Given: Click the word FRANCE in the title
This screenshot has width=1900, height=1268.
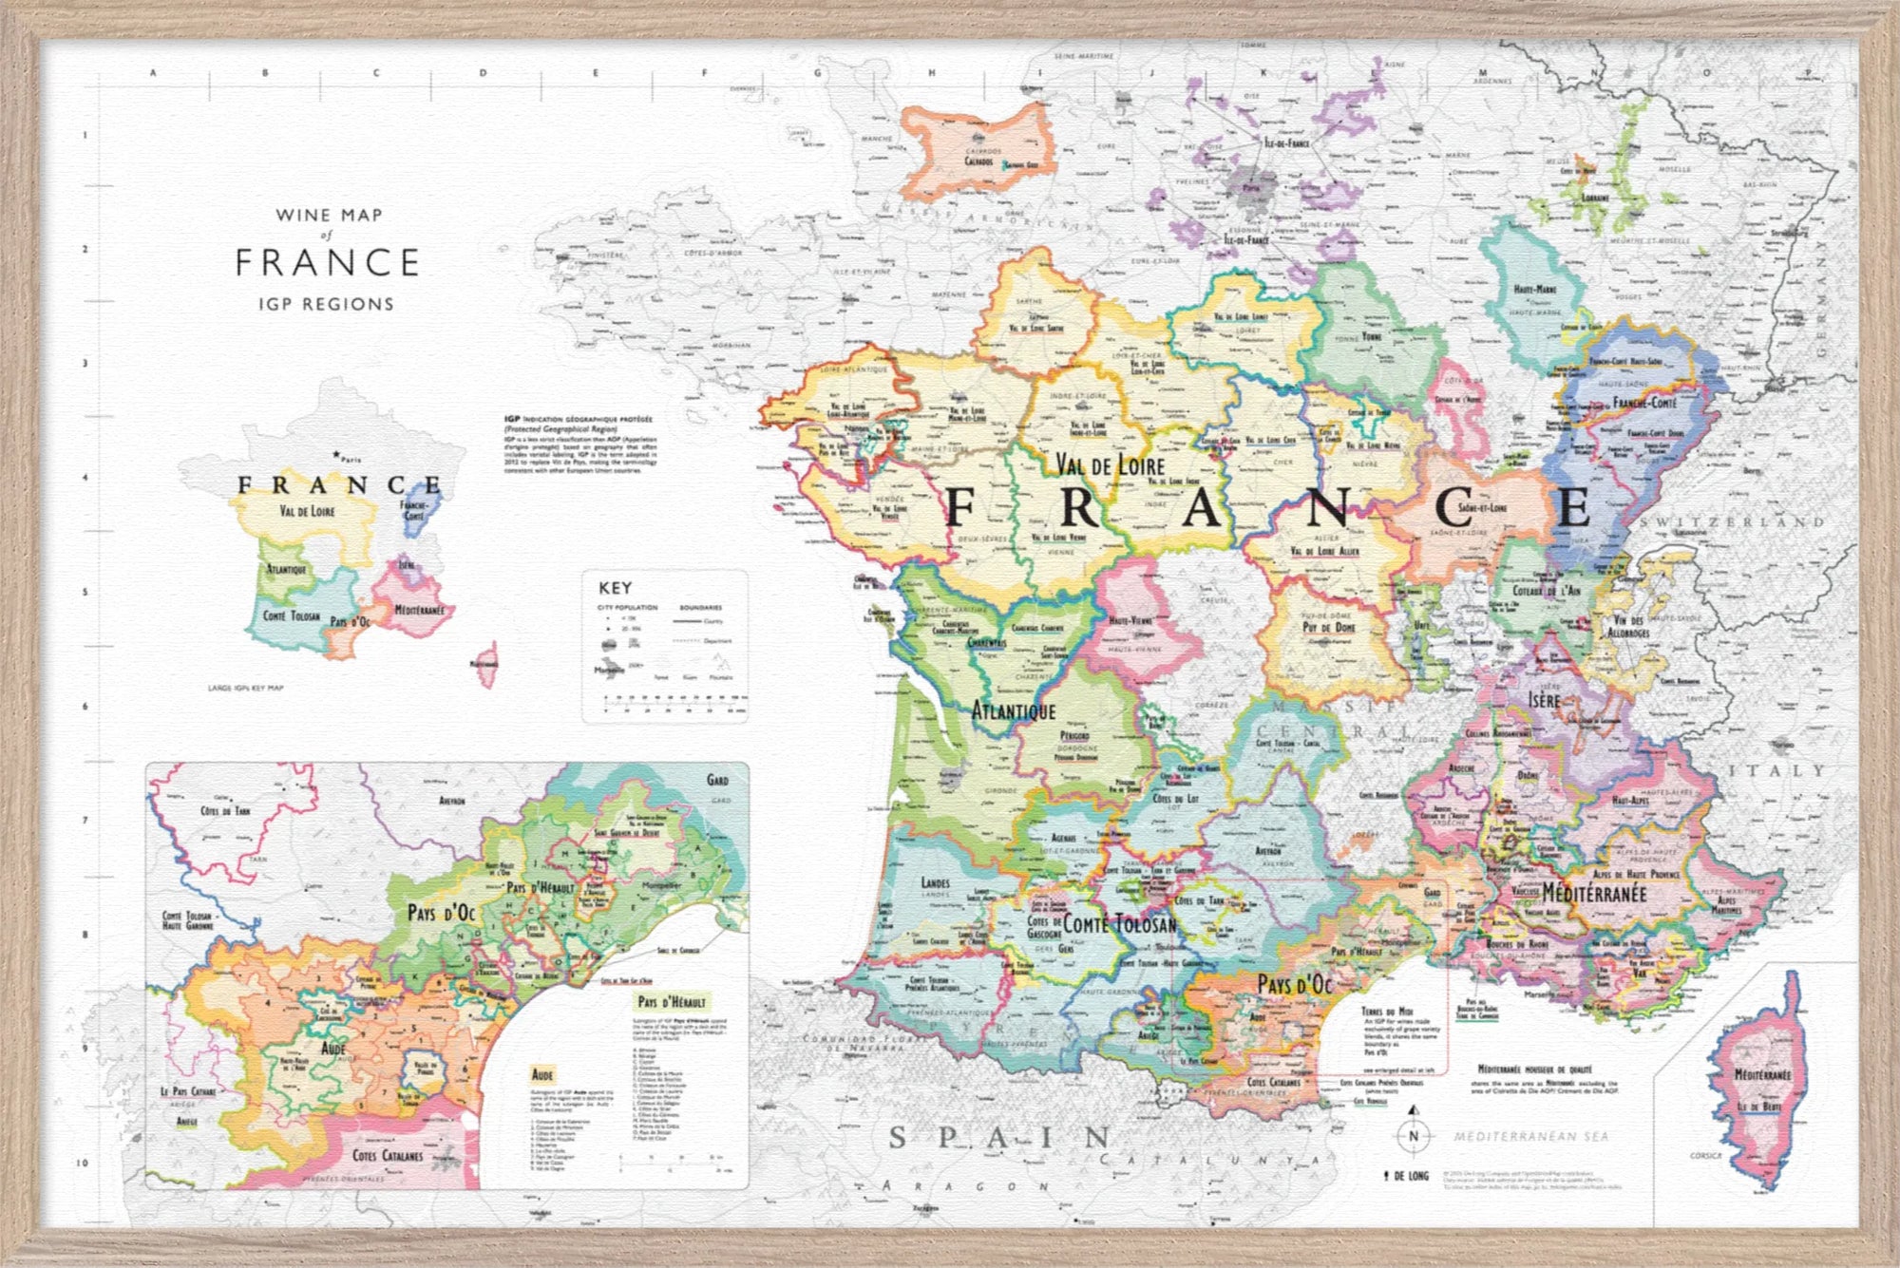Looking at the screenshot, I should (x=327, y=263).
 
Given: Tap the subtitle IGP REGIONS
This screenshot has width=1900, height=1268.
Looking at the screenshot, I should (x=326, y=305).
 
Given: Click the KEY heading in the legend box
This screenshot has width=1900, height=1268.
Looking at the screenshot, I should (x=615, y=588).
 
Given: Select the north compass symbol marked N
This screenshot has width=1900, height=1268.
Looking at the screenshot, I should (x=1414, y=1135).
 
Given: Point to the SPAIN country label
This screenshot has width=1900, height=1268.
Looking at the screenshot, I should (x=999, y=1138).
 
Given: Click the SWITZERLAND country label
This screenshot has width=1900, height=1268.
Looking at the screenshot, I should (x=1732, y=522).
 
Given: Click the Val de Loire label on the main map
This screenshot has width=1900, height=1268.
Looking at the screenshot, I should (x=1110, y=465).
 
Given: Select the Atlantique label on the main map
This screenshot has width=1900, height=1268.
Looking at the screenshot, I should (x=1013, y=710).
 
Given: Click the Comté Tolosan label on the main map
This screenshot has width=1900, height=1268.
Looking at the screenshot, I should (x=1119, y=923).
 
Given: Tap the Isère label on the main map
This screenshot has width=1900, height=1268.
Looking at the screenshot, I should (x=1544, y=700).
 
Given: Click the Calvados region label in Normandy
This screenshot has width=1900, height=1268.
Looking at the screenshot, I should (x=978, y=161).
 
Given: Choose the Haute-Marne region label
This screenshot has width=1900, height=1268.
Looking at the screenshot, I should (x=1534, y=289).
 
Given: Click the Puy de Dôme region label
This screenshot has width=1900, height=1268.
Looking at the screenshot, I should (x=1328, y=628).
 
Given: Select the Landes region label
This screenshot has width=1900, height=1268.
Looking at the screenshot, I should (x=935, y=882).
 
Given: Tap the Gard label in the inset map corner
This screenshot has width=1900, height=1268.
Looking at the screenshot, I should (x=717, y=780).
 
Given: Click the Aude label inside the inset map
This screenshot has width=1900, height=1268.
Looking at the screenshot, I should (x=332, y=1049).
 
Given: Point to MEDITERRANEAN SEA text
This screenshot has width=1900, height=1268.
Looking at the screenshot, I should (x=1530, y=1136).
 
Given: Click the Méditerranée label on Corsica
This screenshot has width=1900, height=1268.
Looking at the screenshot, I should (x=1762, y=1075).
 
